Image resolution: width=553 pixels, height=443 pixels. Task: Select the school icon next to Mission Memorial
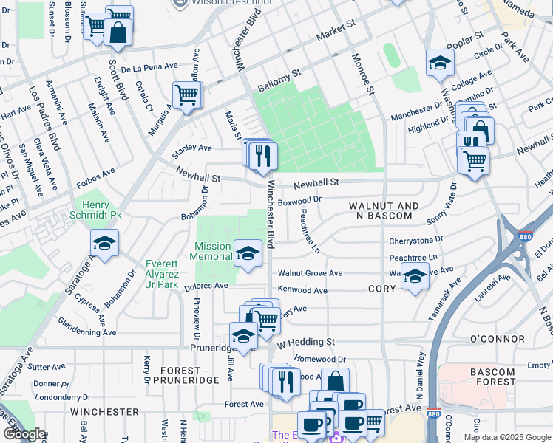248,253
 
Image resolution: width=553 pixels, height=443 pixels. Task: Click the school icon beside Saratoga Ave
104,244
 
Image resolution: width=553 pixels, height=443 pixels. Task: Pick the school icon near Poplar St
440,63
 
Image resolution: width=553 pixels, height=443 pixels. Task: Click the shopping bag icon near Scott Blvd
118,32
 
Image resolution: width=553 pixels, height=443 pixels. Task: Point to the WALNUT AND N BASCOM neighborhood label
384,210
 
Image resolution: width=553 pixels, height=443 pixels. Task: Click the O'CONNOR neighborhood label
496,339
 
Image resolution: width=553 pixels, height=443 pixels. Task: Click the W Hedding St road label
306,343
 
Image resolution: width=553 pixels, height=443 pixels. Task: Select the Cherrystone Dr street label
415,240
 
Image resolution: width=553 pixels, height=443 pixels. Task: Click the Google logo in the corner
25,434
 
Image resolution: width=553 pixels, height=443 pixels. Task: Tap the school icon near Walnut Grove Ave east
415,278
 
